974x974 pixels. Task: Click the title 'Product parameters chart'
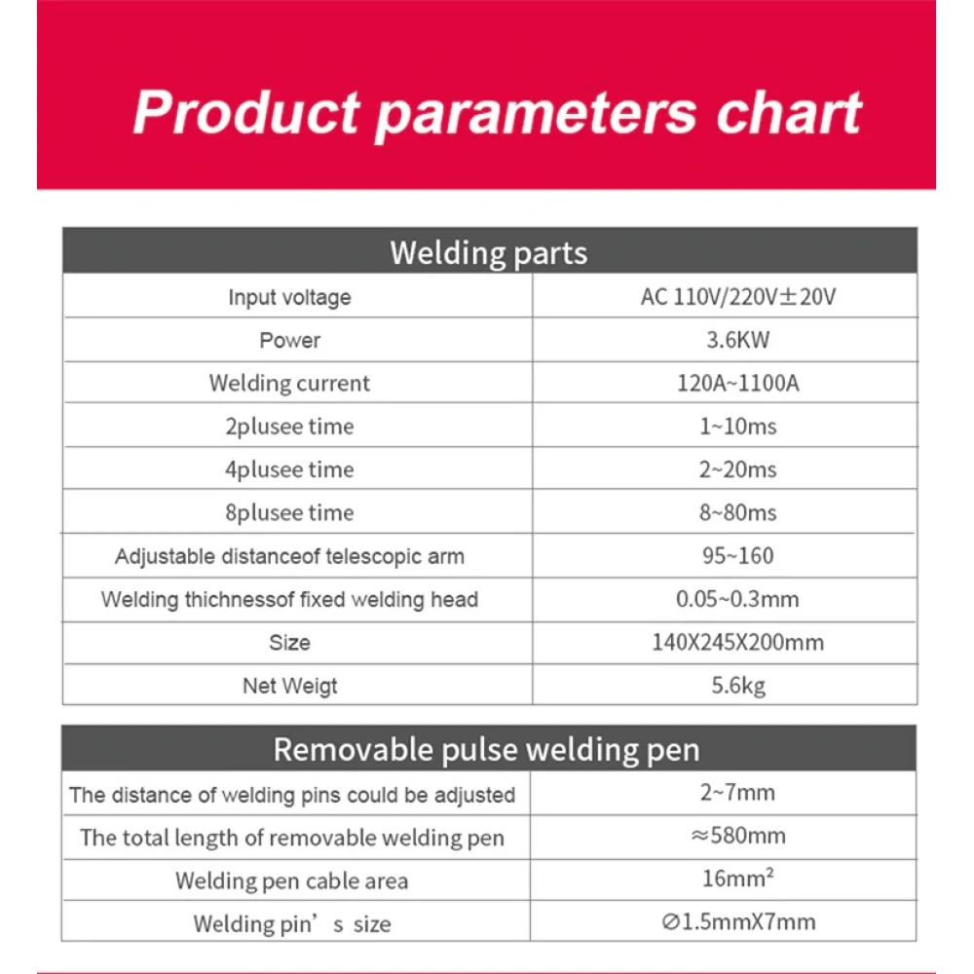coord(497,112)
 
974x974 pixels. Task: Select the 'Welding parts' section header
coord(489,252)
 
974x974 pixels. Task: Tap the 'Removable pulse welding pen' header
coord(486,749)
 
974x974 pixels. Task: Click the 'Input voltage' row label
coord(289,297)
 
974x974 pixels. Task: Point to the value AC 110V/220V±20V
coord(737,297)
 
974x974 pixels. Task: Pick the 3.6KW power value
coord(738,340)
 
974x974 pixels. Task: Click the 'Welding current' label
coord(289,383)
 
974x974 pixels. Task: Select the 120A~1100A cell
coord(737,383)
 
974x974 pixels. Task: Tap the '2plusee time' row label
coord(289,427)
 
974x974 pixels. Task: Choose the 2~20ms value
coord(737,469)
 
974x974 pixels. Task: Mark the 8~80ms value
coord(737,512)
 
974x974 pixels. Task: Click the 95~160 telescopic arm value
coord(737,556)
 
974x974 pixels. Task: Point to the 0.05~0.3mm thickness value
coord(737,599)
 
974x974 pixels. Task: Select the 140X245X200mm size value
coord(737,642)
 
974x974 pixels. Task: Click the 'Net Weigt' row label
coord(289,686)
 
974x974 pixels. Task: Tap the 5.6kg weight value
coord(737,686)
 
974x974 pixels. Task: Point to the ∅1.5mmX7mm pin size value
coord(737,921)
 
